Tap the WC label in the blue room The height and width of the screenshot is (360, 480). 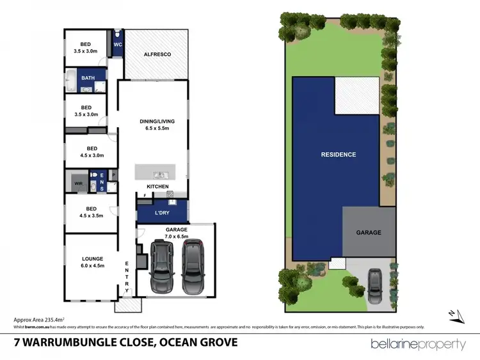pyautogui.click(x=118, y=45)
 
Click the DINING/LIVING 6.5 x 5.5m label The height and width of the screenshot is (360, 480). pyautogui.click(x=157, y=124)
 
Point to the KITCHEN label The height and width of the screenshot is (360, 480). pyautogui.click(x=158, y=187)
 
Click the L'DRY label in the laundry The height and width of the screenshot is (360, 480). pyautogui.click(x=162, y=212)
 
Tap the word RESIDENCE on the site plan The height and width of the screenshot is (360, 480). pyautogui.click(x=339, y=155)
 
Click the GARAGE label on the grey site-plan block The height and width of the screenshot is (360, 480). pyautogui.click(x=369, y=233)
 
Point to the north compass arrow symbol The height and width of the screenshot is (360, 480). pyautogui.click(x=453, y=313)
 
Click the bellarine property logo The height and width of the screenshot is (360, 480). pyautogui.click(x=419, y=344)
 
